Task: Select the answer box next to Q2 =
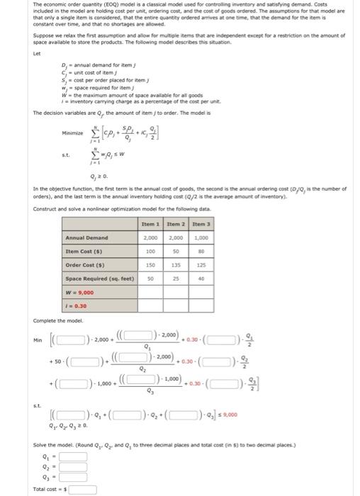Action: coord(73,468)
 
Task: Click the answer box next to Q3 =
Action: coord(73,478)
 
